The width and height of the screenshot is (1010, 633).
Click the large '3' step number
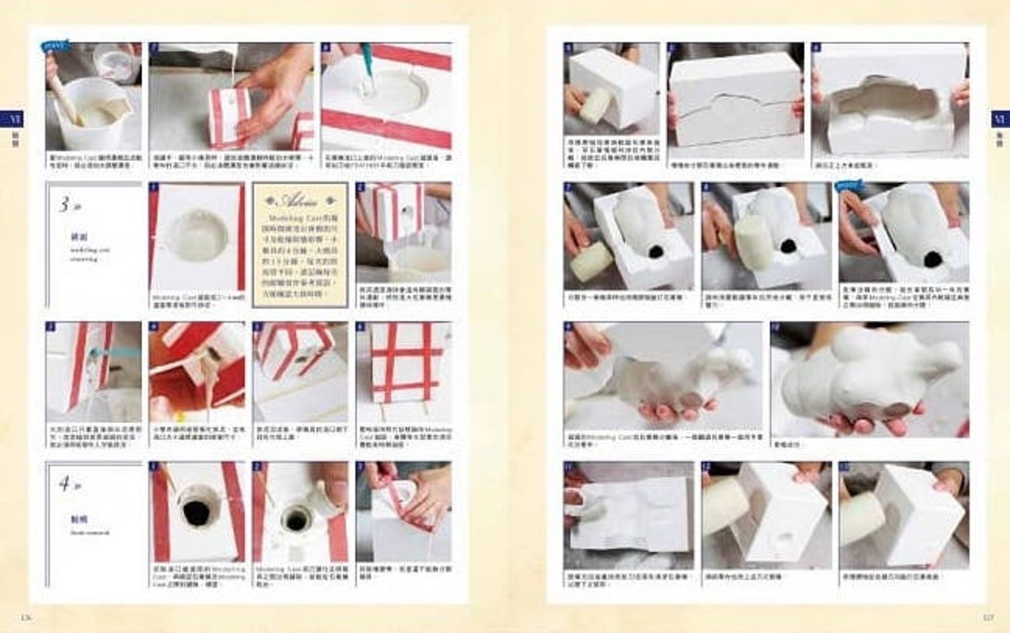click(64, 205)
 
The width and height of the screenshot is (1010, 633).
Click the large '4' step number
click(64, 484)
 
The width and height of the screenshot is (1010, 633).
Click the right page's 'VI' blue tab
click(999, 118)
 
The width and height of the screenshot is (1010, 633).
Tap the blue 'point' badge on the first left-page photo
click(55, 46)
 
